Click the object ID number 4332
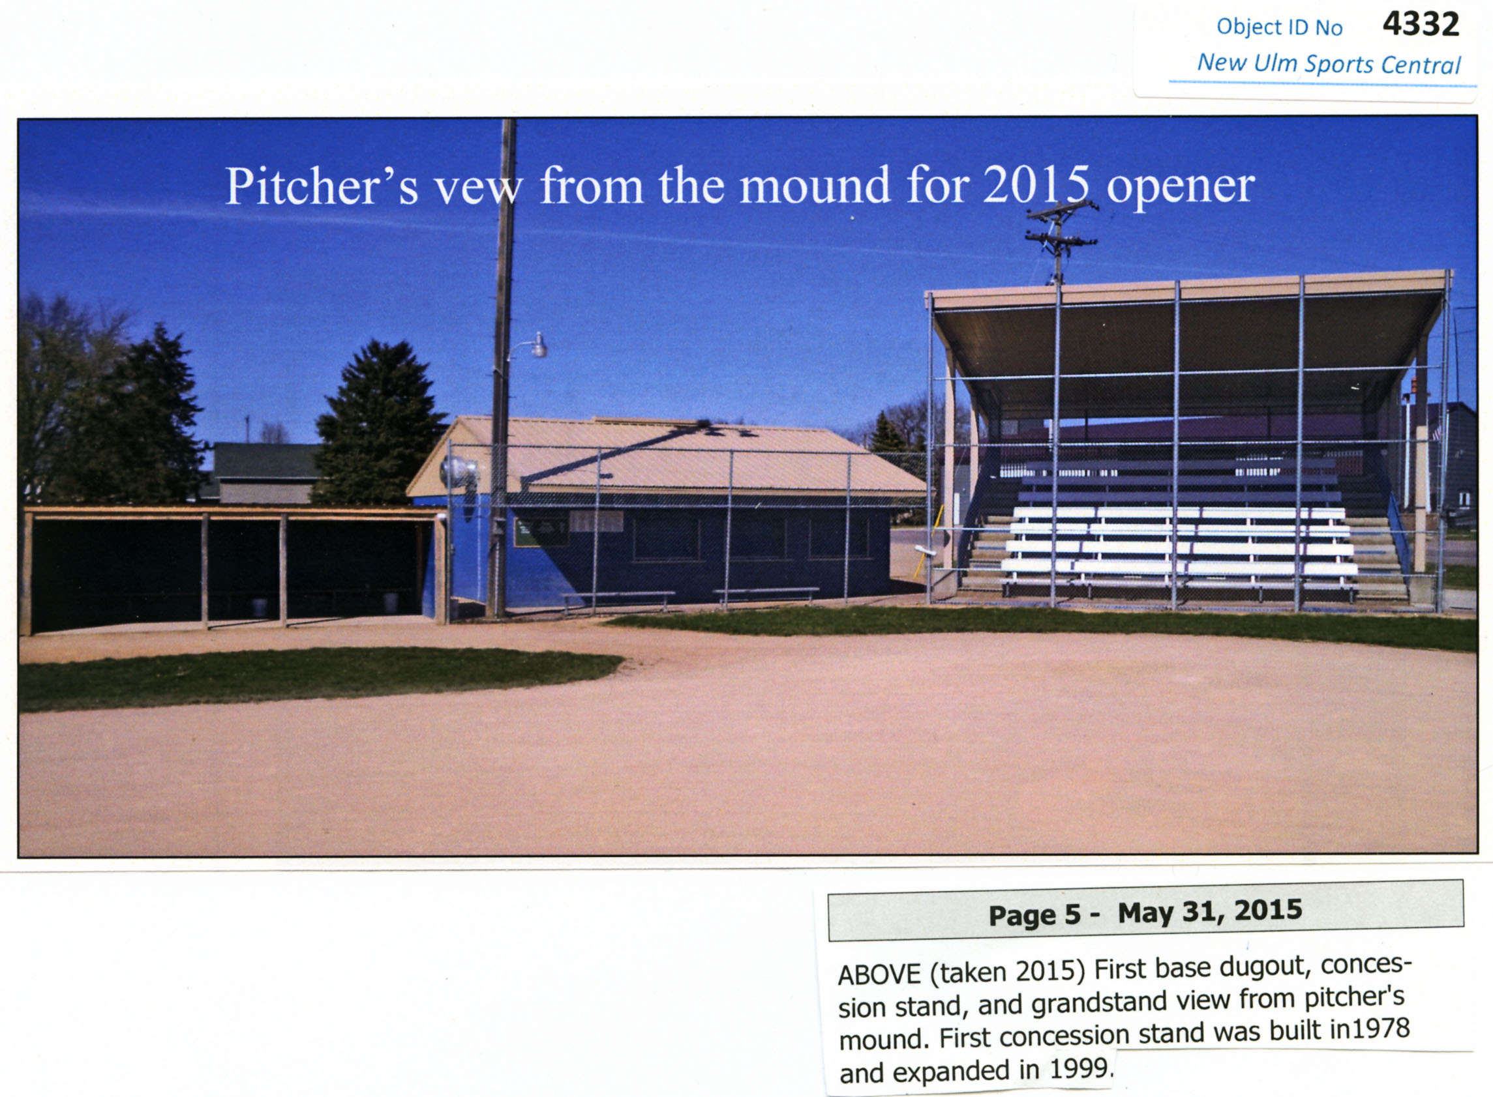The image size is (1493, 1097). (1421, 25)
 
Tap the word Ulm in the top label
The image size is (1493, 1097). (1275, 63)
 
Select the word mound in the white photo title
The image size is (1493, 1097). (815, 185)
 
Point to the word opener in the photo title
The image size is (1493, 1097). (1181, 188)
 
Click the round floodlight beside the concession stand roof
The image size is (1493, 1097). (459, 472)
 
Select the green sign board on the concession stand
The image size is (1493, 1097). (540, 532)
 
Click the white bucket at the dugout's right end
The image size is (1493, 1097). (390, 603)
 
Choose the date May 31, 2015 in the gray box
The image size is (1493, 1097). (1210, 911)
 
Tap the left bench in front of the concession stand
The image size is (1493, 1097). (618, 600)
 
